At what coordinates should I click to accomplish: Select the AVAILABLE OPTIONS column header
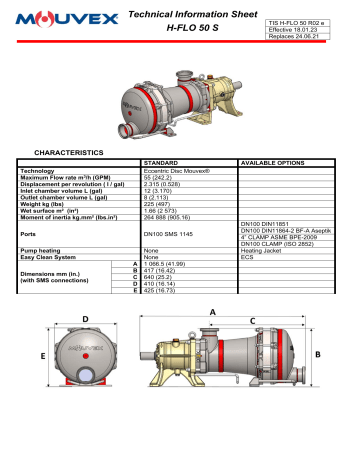tap(276, 160)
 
